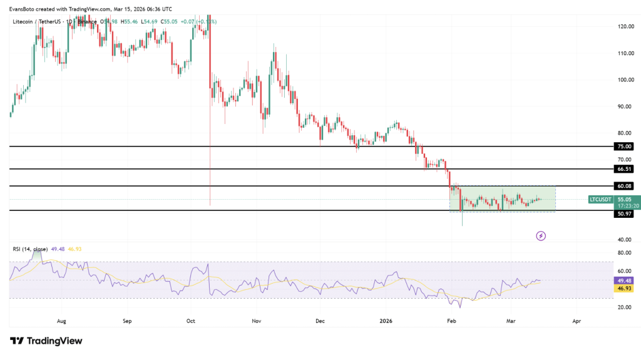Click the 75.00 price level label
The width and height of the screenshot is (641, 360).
(625, 147)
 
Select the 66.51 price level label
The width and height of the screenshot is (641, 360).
(625, 169)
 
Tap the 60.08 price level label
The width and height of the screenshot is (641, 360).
(625, 186)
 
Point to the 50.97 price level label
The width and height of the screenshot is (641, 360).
(625, 214)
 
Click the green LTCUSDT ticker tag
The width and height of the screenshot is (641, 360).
(600, 200)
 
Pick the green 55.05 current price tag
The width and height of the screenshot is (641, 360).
(625, 200)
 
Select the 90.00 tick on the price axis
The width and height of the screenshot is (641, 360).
(625, 106)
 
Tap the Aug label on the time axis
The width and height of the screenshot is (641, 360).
(61, 321)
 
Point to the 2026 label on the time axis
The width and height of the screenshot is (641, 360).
(386, 321)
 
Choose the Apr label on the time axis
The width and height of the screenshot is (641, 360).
(577, 321)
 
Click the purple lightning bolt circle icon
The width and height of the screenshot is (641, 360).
(541, 235)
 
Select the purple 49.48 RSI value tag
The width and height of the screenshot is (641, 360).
(625, 280)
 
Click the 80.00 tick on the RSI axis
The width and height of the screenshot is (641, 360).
(625, 253)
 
